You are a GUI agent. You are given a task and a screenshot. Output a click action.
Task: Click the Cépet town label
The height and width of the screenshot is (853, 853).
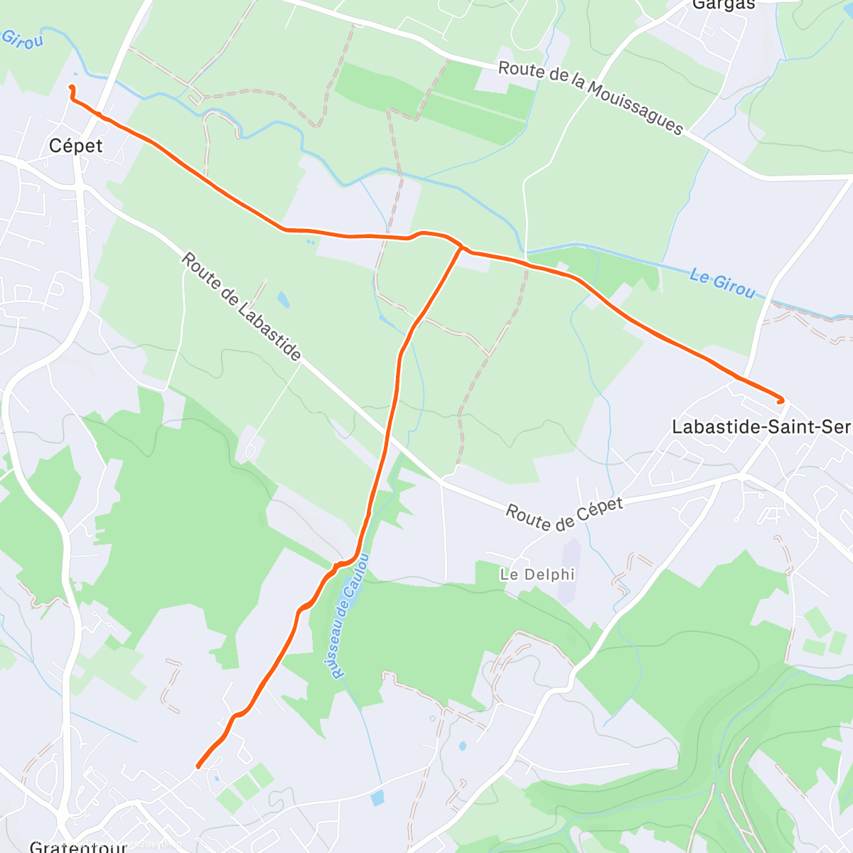pos(75,146)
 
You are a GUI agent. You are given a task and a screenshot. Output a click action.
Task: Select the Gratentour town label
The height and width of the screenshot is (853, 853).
pos(78,846)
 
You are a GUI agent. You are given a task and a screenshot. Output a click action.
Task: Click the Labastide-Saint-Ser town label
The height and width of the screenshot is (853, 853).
pos(761,426)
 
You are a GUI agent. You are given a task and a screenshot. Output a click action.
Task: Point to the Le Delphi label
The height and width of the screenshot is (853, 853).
pos(537,574)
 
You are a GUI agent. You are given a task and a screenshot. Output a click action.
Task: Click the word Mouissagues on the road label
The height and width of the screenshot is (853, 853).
pos(635,107)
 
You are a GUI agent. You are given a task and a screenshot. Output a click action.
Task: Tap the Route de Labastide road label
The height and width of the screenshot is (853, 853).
pos(242,306)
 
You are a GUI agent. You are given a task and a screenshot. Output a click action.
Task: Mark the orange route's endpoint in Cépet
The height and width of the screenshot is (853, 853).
pos(71,87)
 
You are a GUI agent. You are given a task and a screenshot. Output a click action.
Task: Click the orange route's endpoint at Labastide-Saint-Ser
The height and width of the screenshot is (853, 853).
pos(781,402)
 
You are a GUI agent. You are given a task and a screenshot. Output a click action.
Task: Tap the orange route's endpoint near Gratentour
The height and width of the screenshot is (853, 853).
pos(198,766)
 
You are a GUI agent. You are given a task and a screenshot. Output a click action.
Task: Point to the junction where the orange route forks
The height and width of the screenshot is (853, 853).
pos(461,248)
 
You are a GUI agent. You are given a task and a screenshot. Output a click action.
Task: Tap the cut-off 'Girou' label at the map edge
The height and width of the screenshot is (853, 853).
pos(21,39)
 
